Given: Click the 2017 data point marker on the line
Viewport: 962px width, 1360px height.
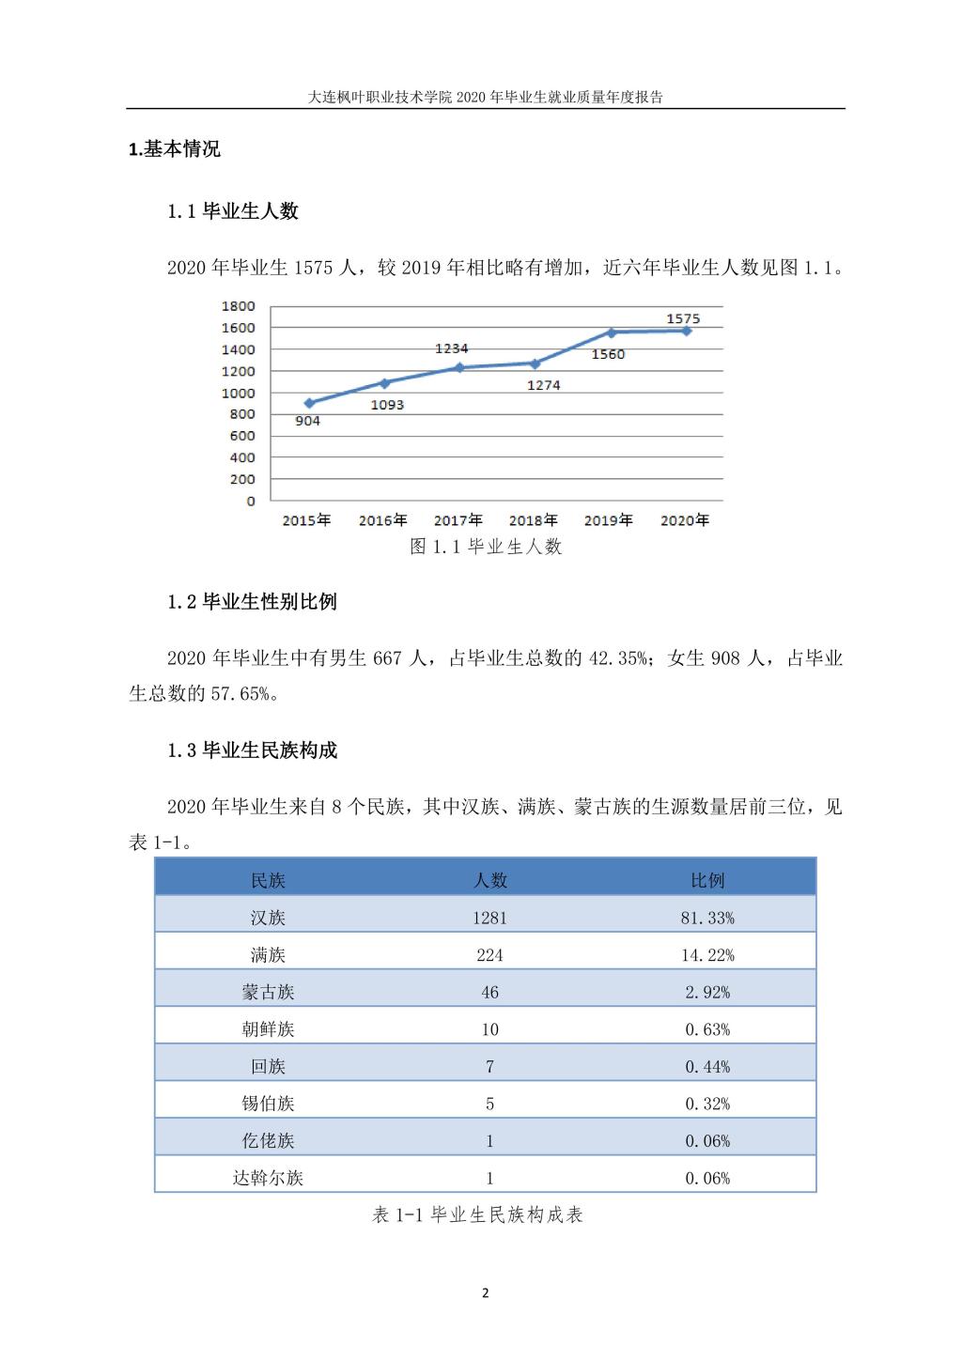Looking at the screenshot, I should click(x=459, y=367).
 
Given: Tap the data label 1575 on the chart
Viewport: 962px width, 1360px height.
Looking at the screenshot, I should click(x=683, y=319).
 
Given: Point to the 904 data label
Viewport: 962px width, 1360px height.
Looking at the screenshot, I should click(x=307, y=421).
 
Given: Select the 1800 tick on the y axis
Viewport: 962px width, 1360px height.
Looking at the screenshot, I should click(x=238, y=306).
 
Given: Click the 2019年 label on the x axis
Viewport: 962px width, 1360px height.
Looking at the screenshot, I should click(x=608, y=520).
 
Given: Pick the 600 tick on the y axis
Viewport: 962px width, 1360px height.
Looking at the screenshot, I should click(x=241, y=436).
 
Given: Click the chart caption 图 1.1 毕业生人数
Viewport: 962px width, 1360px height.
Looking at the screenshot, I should click(x=486, y=547).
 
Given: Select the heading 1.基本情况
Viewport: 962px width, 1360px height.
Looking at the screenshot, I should click(x=175, y=149).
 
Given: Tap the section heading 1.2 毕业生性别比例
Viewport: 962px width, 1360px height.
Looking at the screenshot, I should click(x=252, y=602).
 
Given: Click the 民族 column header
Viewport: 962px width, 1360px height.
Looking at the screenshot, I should click(x=268, y=880).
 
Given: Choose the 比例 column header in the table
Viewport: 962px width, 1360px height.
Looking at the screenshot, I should click(x=707, y=880).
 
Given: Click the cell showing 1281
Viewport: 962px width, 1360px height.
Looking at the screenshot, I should click(x=489, y=918).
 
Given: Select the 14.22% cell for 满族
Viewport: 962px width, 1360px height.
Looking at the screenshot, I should click(x=707, y=955).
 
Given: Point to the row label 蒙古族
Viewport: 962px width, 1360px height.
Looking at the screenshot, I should click(x=268, y=992).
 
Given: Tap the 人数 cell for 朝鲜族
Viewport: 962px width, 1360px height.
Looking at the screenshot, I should click(x=489, y=1029).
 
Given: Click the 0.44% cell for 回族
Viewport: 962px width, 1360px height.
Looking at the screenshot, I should click(x=707, y=1067).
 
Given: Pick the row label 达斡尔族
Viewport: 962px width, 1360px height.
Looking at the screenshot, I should click(x=268, y=1178).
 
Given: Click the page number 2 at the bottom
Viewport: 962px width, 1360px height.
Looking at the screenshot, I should click(x=485, y=1293).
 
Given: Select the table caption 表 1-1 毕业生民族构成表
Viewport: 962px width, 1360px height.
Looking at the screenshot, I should click(x=478, y=1215).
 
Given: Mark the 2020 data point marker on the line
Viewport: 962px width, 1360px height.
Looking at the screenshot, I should click(x=687, y=331).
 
